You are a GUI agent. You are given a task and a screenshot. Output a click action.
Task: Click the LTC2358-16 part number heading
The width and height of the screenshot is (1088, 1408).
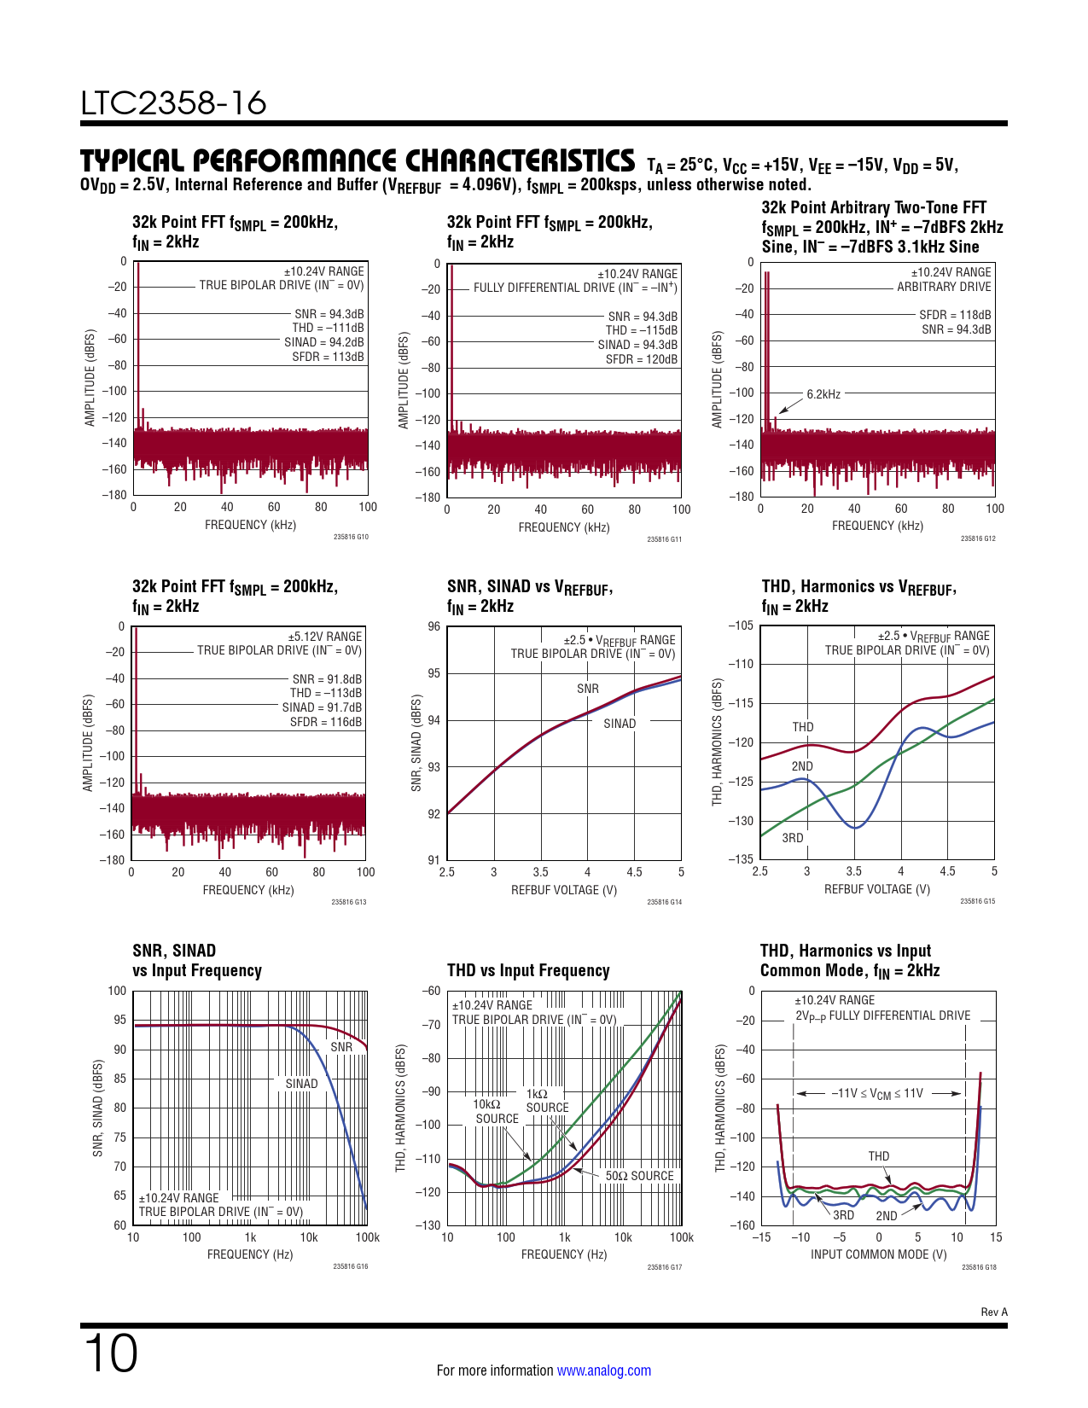tap(174, 103)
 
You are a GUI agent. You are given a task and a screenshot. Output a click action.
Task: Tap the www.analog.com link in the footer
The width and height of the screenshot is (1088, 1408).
tap(603, 1370)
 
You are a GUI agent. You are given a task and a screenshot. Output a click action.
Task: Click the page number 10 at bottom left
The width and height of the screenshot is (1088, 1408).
tap(111, 1353)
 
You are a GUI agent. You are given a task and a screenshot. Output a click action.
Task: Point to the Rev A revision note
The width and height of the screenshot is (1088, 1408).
tap(993, 1312)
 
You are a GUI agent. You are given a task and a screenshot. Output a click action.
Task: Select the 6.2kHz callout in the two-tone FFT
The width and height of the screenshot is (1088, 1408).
tap(823, 394)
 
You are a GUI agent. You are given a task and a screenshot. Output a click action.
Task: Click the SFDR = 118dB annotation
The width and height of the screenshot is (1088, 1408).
tap(955, 315)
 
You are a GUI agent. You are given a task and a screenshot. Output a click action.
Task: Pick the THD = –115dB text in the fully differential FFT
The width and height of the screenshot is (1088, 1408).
tap(642, 330)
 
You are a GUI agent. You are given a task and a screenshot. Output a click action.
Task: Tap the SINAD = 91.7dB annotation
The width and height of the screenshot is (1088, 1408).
tap(322, 707)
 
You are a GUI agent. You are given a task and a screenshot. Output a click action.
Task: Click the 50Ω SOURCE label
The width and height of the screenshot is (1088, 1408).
tap(639, 1176)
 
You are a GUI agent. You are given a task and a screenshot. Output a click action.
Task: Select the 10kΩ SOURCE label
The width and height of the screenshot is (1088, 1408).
tap(497, 1111)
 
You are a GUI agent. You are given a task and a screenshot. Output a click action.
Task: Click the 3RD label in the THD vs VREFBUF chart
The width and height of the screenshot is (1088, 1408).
tap(793, 838)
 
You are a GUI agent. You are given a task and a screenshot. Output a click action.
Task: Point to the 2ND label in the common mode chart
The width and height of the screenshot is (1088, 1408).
tap(887, 1216)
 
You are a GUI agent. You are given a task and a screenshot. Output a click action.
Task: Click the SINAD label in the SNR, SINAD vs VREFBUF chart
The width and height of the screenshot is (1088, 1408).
tap(620, 724)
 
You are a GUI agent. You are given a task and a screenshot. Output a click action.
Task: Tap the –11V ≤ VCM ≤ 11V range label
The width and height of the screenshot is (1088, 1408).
tap(877, 1093)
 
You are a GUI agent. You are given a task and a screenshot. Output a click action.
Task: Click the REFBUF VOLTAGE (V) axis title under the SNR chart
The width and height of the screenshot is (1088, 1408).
tap(564, 890)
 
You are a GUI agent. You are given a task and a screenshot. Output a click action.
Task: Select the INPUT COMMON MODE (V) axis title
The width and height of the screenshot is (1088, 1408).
tap(878, 1254)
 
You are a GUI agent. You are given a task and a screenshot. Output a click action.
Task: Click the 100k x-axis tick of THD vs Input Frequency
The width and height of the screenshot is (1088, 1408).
tap(681, 1237)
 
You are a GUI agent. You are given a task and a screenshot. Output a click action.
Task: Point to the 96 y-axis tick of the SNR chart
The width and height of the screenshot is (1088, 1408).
tap(434, 626)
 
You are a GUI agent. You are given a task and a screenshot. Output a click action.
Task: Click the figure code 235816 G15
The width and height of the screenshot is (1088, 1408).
tap(977, 901)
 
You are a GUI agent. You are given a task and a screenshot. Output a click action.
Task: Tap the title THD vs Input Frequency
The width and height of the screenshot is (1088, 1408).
tap(528, 970)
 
